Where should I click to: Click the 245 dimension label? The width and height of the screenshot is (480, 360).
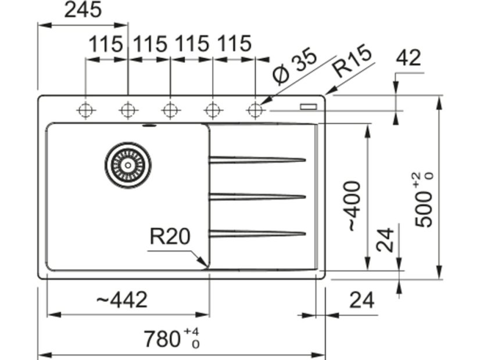click(83, 10)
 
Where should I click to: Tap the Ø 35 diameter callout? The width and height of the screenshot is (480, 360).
click(295, 66)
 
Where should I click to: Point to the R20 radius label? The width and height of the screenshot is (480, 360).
click(170, 236)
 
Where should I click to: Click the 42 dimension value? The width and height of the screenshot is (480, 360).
click(409, 58)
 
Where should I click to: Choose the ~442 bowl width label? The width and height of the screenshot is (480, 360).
click(122, 300)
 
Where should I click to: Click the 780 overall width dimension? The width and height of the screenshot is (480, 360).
click(172, 339)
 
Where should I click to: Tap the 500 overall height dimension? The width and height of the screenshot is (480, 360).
click(424, 200)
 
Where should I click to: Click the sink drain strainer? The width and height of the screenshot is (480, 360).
click(128, 165)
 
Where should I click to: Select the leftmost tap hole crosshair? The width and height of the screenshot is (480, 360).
click(86, 110)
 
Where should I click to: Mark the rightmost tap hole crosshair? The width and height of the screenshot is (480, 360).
click(255, 110)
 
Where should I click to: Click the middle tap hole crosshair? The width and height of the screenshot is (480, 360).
click(170, 110)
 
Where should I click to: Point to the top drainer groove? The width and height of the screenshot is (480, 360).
click(257, 160)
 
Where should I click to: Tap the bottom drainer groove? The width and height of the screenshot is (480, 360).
click(257, 233)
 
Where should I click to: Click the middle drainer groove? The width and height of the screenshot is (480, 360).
click(257, 197)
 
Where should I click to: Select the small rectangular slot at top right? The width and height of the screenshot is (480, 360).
click(309, 106)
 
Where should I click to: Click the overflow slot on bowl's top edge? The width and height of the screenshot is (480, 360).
click(150, 125)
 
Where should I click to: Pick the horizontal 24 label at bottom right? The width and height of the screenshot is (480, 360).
click(362, 300)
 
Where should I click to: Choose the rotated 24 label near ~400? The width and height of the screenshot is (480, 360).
click(385, 240)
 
